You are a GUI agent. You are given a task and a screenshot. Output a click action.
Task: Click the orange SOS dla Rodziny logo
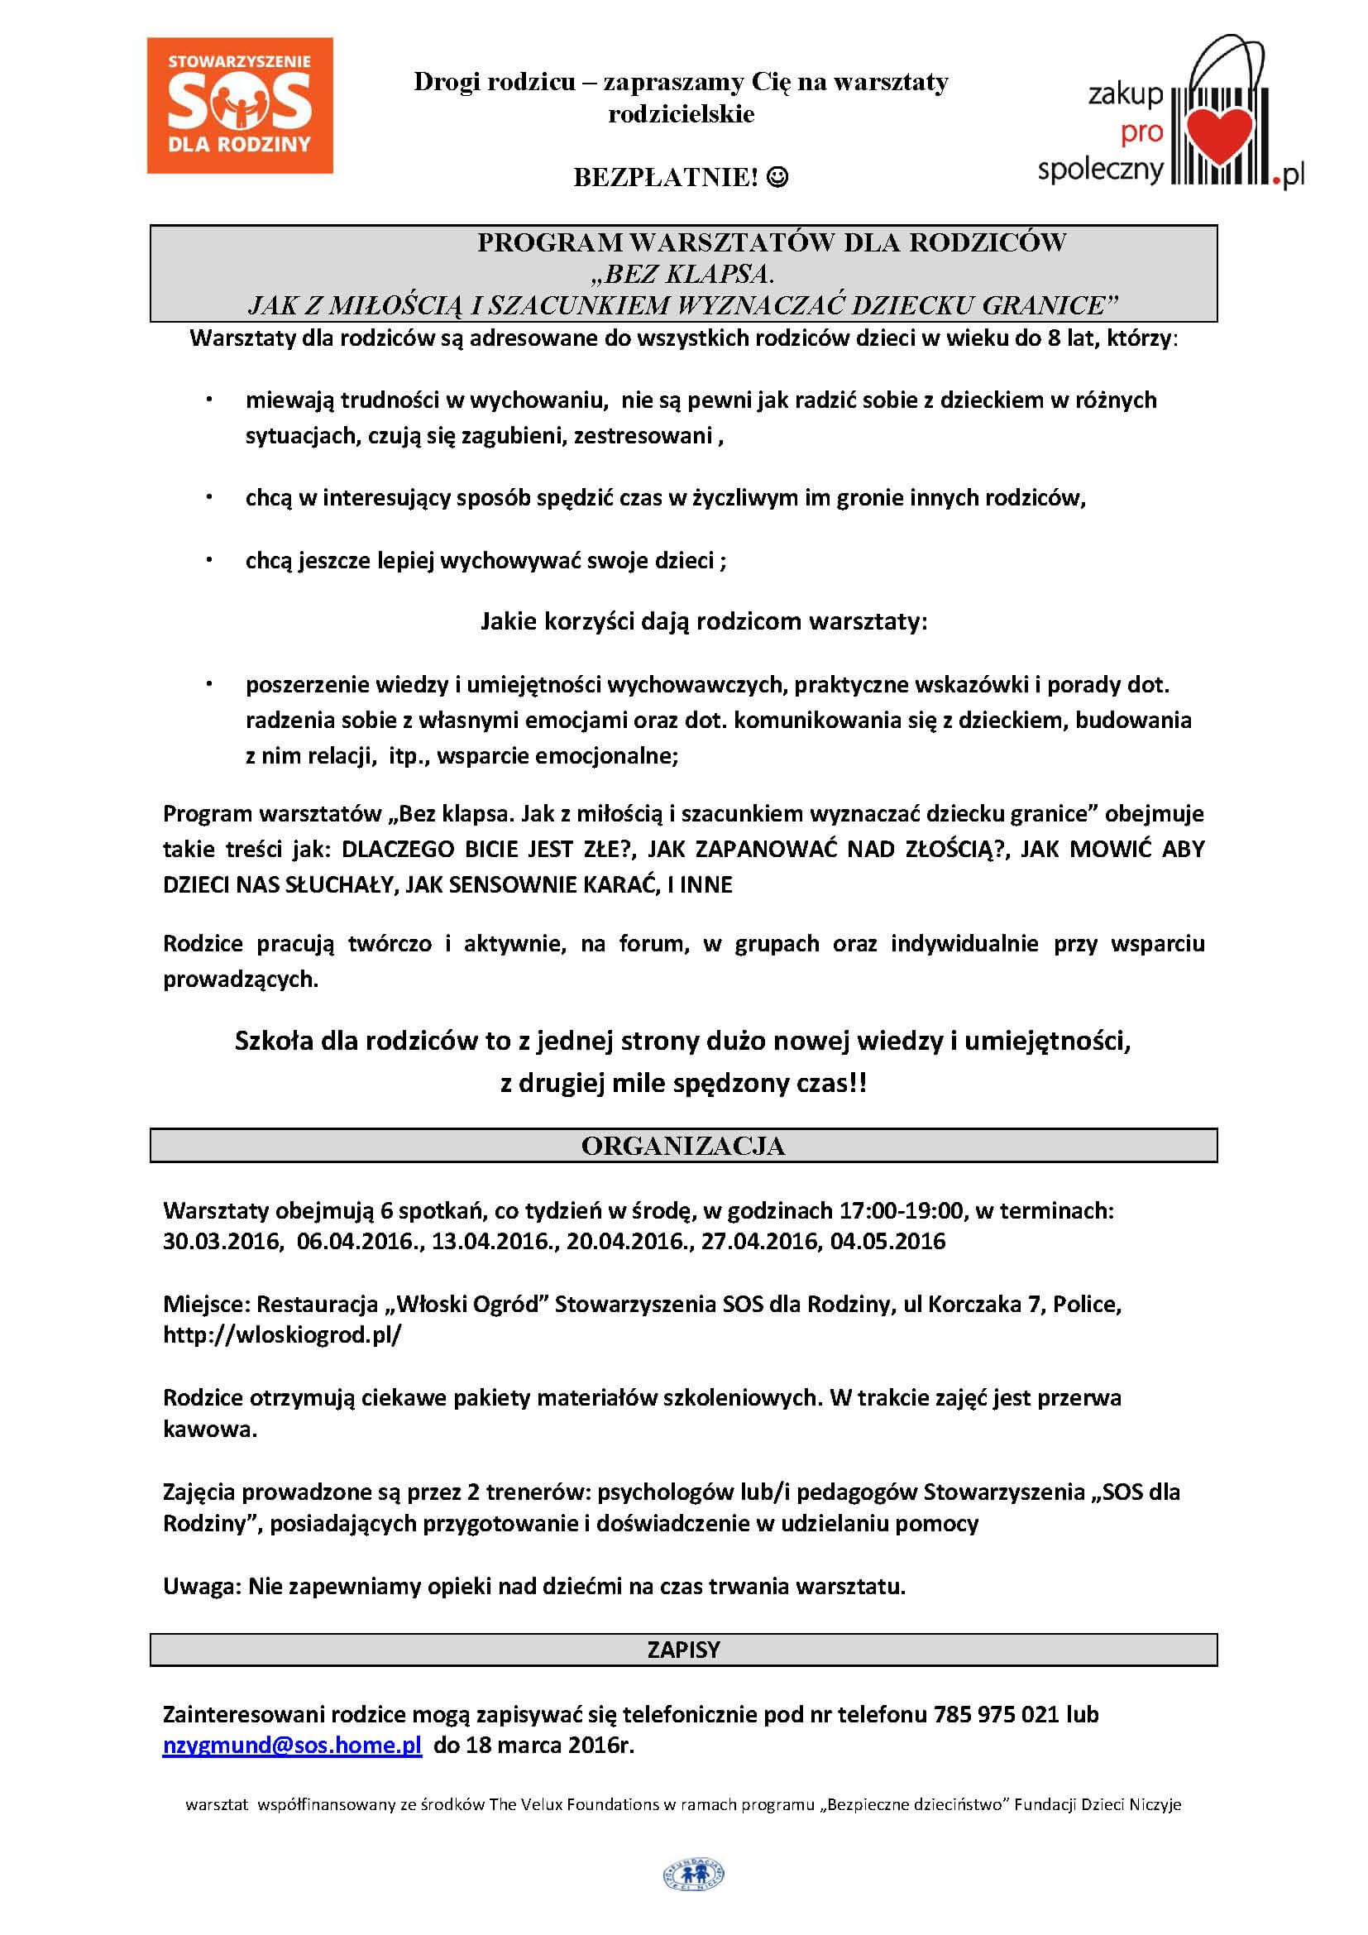click(239, 105)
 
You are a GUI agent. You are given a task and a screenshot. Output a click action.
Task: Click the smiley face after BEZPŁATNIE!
click(779, 177)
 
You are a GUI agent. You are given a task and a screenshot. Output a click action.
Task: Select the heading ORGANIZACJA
click(683, 1146)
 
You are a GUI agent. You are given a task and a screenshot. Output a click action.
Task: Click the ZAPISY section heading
click(683, 1650)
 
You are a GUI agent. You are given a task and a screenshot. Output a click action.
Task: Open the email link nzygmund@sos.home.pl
click(291, 1745)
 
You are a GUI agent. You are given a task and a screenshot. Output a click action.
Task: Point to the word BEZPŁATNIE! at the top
click(667, 177)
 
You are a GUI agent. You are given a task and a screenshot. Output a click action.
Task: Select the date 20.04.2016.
click(626, 1242)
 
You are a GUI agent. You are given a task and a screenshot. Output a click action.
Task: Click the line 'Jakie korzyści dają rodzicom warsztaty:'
click(703, 622)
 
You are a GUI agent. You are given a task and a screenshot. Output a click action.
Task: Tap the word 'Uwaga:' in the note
click(202, 1586)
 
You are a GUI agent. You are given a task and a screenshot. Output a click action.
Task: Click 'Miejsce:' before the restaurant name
click(207, 1305)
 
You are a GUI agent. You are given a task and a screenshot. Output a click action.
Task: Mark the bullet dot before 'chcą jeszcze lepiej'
click(209, 559)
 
